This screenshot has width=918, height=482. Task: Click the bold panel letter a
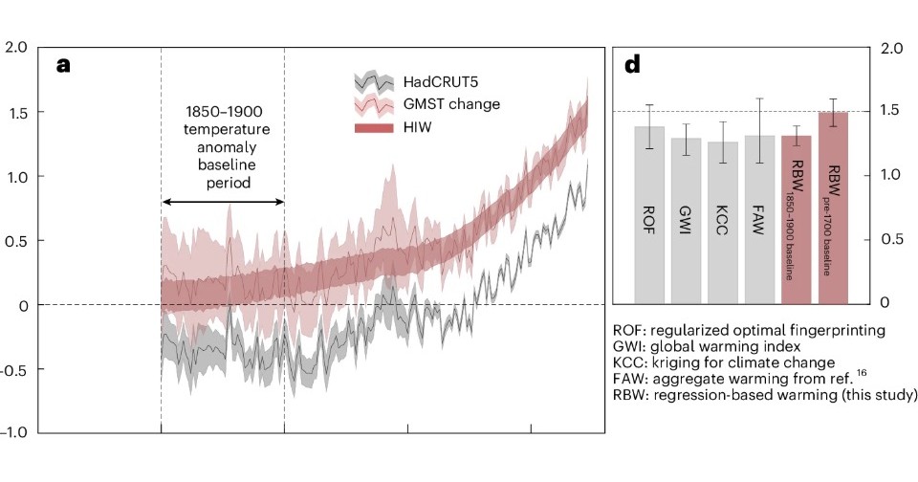(64, 65)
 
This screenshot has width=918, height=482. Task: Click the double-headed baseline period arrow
(222, 202)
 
